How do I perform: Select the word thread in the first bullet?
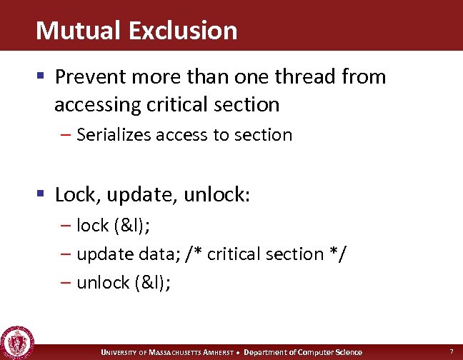[x=304, y=76]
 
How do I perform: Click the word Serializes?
[x=119, y=134]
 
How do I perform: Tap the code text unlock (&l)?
[x=123, y=282]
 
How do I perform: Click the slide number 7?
[x=451, y=351]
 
